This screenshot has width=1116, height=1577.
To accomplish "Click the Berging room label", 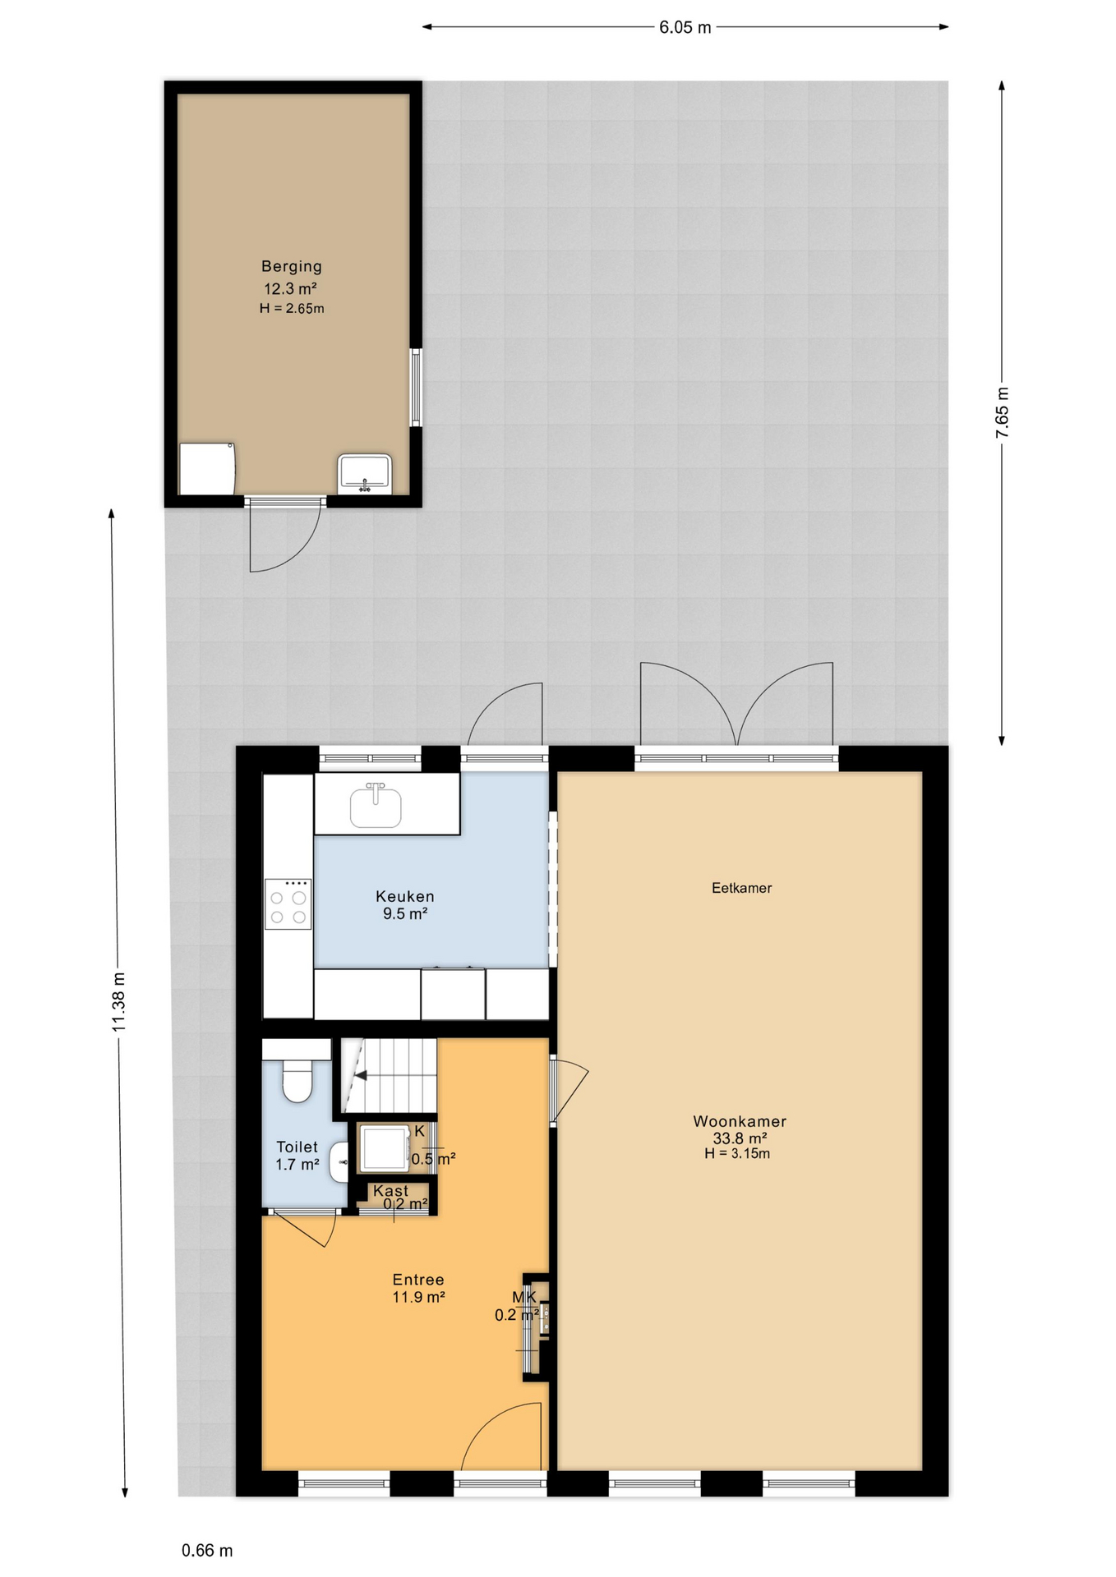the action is coord(292,266).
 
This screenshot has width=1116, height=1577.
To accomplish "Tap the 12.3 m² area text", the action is coord(290,288).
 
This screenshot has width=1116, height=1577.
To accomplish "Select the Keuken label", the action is coord(405,896).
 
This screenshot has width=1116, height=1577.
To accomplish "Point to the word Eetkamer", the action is coord(741,888).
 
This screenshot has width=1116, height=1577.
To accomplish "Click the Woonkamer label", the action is coord(740,1121).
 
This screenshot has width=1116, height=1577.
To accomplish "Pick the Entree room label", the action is coord(418,1280).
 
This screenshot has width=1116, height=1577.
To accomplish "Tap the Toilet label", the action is coord(297,1147).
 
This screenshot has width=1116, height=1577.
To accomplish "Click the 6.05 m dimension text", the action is coord(685,27).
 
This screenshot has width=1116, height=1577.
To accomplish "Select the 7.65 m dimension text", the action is coord(1003,412).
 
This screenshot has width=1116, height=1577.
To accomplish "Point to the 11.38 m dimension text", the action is coord(118,1001).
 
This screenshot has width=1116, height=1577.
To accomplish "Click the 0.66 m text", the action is coord(207,1551).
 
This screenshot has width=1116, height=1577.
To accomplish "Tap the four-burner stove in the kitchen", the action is coord(288,903).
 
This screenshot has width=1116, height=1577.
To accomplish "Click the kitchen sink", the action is coord(376,806).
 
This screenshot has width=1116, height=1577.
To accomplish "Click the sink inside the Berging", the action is coord(365,473).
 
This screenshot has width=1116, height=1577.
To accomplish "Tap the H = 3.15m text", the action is coord(737,1153).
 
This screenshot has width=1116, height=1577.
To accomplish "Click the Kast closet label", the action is coord(390,1190).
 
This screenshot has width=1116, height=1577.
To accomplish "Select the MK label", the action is coord(524,1297).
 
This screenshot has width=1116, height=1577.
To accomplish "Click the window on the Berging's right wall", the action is coord(416,388).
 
